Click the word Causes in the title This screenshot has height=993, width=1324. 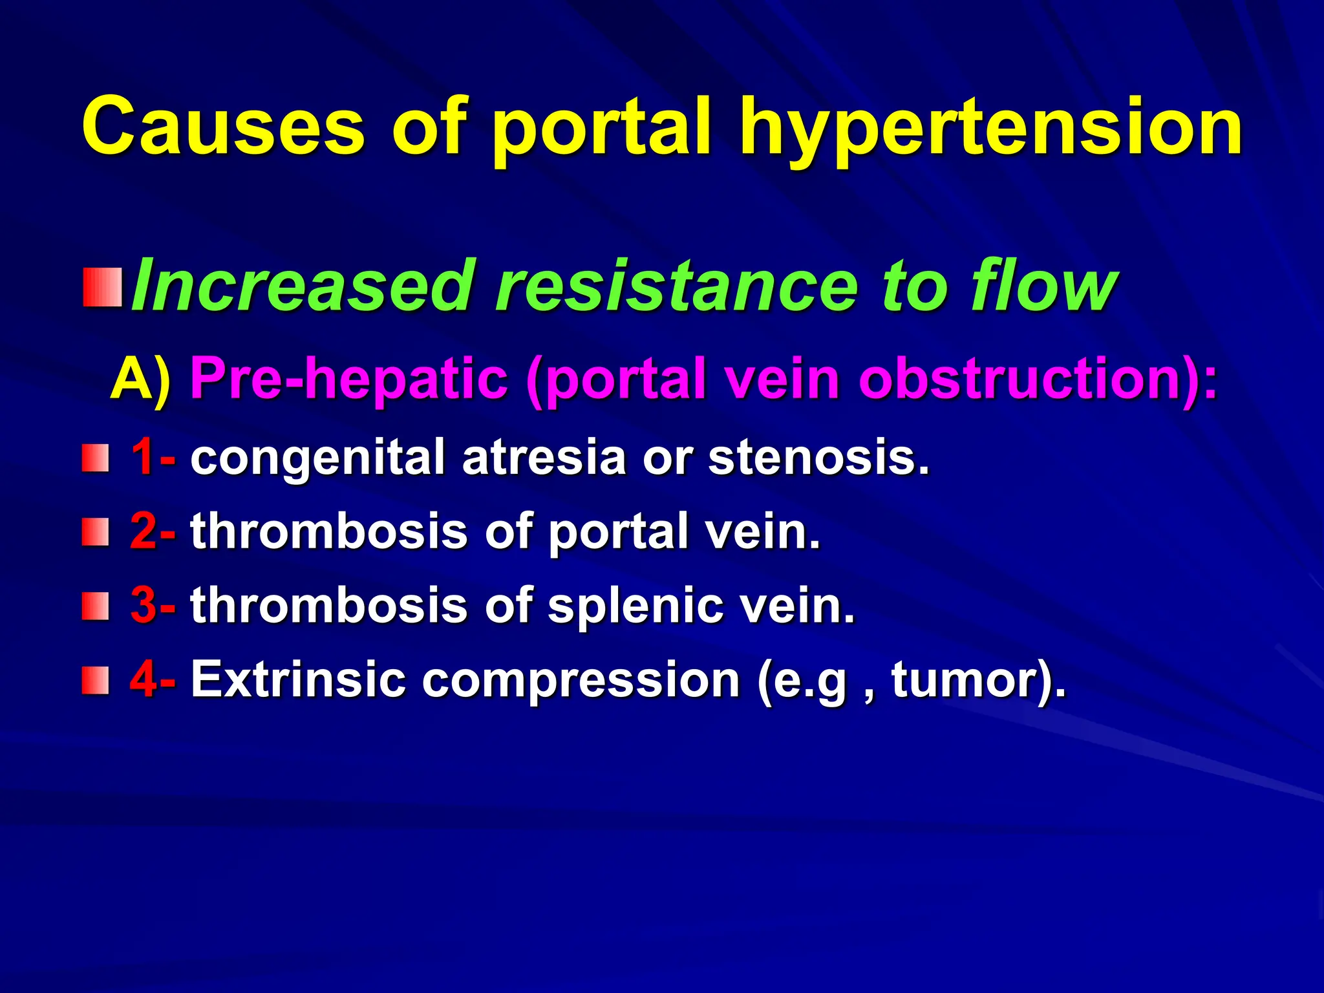tap(223, 126)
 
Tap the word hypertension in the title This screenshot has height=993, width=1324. tap(991, 129)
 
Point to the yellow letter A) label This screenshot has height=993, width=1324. tap(140, 379)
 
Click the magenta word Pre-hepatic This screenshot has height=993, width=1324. tap(348, 379)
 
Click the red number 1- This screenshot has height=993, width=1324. tap(153, 456)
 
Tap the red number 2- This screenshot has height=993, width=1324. tap(153, 531)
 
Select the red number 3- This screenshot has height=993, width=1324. tap(153, 605)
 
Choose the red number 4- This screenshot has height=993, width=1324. tap(153, 679)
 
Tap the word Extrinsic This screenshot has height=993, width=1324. tap(298, 679)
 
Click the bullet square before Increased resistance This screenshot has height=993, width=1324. tap(102, 288)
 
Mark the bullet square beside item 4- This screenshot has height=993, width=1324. tap(95, 681)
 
